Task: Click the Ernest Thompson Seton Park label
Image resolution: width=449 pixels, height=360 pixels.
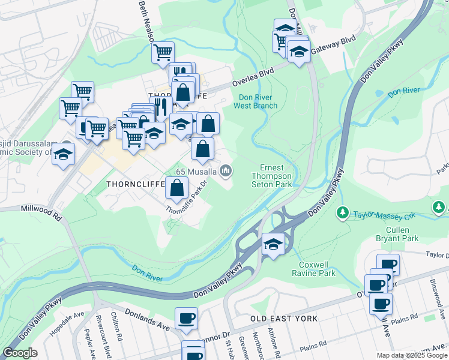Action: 276,176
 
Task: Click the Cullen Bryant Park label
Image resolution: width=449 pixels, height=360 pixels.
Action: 394,234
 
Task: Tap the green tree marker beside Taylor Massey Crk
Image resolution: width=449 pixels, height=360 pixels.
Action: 343,212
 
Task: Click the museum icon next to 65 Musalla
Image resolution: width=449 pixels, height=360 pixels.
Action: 226,172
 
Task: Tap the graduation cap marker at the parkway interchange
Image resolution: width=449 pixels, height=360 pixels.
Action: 273,244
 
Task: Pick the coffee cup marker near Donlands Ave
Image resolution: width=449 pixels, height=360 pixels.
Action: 186,317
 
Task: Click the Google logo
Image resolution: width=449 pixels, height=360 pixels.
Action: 20,353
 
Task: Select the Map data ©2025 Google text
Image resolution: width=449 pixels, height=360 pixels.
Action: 411,355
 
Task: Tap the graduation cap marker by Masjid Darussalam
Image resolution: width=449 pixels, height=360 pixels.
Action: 63,154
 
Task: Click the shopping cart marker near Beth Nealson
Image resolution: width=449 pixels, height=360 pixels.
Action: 163,52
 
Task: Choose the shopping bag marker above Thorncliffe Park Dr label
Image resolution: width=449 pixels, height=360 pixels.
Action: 177,188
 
